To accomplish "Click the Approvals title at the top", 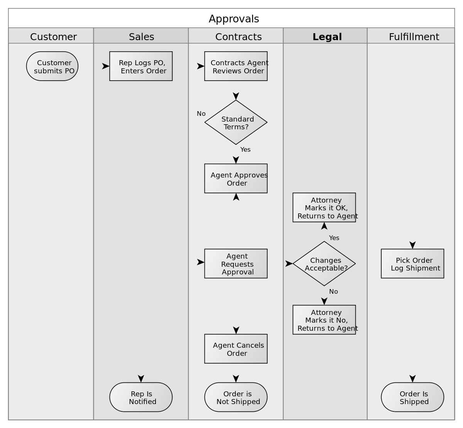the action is click(233, 19).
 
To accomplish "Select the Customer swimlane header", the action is click(53, 37).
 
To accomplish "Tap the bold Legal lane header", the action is click(327, 37).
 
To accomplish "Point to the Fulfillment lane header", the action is click(414, 37).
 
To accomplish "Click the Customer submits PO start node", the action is click(52, 66).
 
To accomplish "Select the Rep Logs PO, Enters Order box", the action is click(141, 66).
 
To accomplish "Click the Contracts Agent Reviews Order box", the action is click(236, 66).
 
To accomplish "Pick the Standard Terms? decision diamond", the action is click(236, 122).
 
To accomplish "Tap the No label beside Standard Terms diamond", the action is click(201, 113).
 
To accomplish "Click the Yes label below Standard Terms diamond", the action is click(245, 149).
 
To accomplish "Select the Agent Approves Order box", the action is click(236, 178).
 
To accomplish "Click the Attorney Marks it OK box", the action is click(324, 208).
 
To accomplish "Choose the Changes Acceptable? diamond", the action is click(324, 264).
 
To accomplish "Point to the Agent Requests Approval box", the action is click(236, 264).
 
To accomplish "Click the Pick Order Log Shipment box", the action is click(412, 264).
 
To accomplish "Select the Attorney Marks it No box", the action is click(324, 320).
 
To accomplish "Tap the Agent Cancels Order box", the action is click(236, 349).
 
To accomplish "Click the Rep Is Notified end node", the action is click(141, 397).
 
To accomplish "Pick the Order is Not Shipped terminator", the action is click(236, 397).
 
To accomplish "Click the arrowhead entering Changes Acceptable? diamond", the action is click(289, 264).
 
